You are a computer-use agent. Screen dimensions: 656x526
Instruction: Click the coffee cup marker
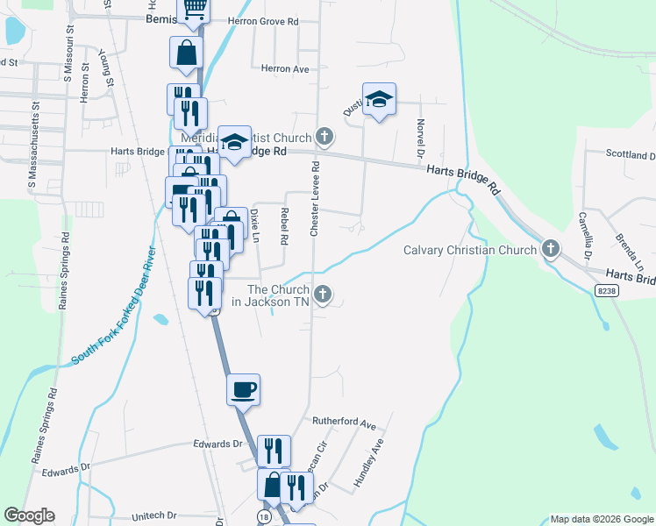pyautogui.click(x=244, y=388)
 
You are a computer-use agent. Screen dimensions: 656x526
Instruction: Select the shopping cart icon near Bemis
pyautogui.click(x=195, y=10)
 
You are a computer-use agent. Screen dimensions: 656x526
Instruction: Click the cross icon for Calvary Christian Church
pyautogui.click(x=551, y=250)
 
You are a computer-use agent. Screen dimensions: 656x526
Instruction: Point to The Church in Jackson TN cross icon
pyautogui.click(x=323, y=295)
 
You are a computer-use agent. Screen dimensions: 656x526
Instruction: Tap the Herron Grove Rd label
pyautogui.click(x=263, y=20)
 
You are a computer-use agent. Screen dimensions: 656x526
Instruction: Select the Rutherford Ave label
pyautogui.click(x=344, y=422)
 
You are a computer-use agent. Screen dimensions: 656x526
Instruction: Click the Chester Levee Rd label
pyautogui.click(x=314, y=197)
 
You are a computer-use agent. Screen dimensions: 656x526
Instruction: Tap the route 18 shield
pyautogui.click(x=263, y=518)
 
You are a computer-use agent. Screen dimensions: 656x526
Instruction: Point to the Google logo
pyautogui.click(x=29, y=515)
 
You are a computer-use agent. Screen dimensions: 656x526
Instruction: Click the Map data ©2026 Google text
pyautogui.click(x=601, y=519)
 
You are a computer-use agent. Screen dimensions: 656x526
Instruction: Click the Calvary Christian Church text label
pyautogui.click(x=469, y=251)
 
